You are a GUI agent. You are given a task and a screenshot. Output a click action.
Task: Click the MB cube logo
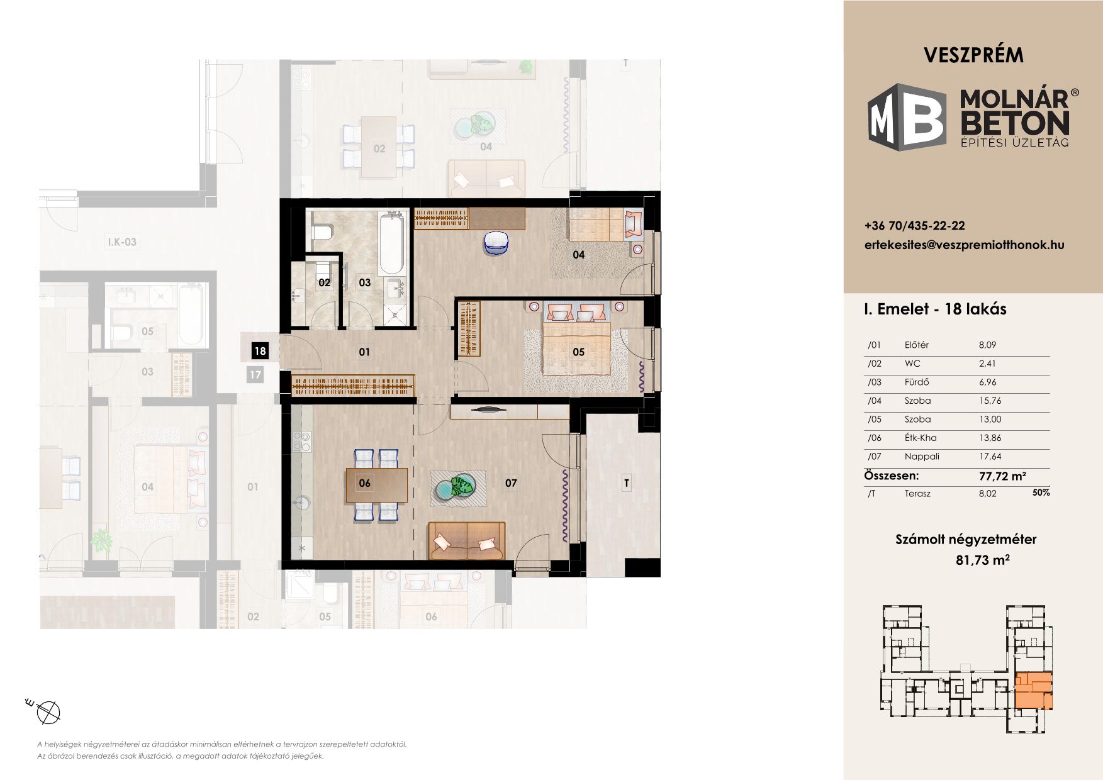(907, 117)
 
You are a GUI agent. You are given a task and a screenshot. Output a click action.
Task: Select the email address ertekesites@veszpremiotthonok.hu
(965, 245)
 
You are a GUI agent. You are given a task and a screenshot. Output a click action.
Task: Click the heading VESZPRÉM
(973, 55)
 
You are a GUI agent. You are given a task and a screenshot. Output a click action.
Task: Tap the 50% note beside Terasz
(1041, 493)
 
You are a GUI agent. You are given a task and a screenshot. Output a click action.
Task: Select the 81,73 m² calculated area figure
(983, 559)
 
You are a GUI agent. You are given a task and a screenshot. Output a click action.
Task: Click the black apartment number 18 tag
(260, 351)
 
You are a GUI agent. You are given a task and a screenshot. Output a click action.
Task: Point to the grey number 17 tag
(255, 375)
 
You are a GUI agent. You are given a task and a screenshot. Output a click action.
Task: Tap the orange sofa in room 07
(467, 541)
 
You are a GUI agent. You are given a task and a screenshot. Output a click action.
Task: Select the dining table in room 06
(376, 485)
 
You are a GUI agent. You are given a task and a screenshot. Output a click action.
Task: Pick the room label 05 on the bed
(579, 352)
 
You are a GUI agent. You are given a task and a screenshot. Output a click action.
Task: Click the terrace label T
(626, 483)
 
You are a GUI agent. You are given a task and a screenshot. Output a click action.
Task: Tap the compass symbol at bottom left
(48, 711)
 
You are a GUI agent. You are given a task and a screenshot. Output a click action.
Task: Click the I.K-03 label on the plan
(122, 242)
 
